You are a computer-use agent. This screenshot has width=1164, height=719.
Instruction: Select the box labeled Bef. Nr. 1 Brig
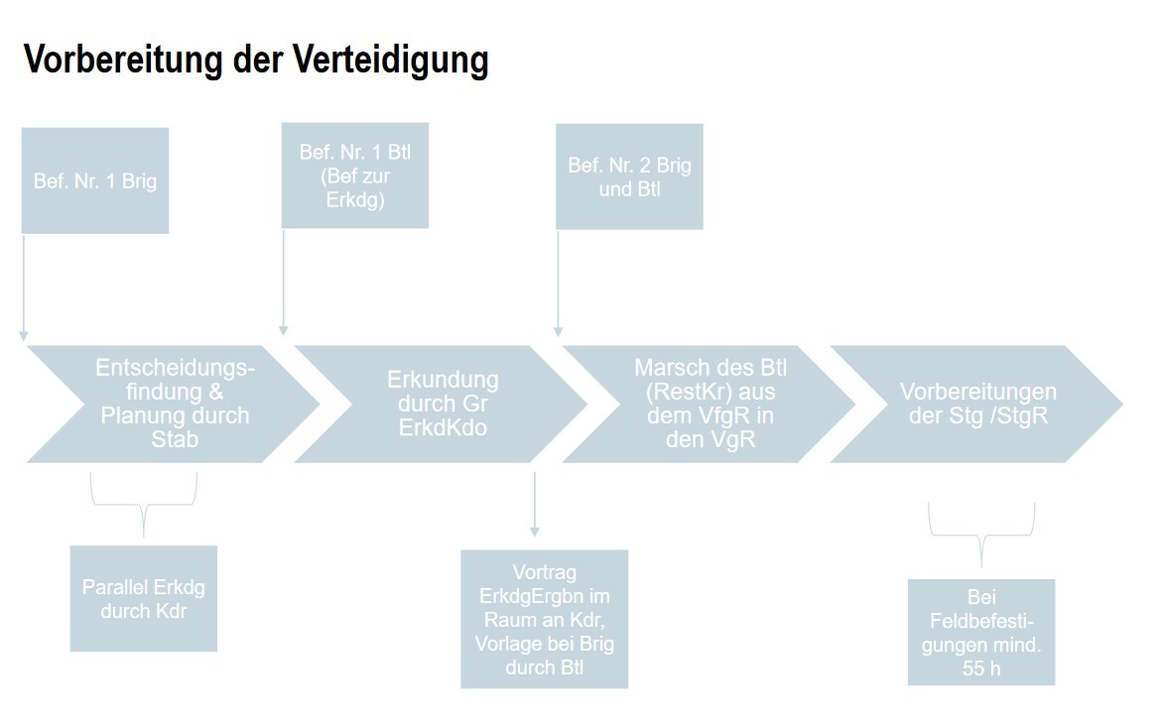[x=95, y=180]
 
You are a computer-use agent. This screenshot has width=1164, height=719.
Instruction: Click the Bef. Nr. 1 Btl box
[x=355, y=176]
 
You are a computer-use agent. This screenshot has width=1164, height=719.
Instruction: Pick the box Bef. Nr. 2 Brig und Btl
[x=629, y=177]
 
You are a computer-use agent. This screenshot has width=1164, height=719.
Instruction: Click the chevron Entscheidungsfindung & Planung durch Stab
[x=175, y=404]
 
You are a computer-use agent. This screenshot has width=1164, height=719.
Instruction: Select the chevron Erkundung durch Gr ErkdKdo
[x=442, y=404]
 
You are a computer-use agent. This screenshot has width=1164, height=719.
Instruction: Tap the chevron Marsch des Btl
[x=709, y=404]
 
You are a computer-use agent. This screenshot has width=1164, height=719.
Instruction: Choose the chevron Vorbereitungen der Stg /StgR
[x=977, y=404]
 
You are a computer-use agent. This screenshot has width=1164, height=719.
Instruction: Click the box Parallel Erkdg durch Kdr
[x=144, y=598]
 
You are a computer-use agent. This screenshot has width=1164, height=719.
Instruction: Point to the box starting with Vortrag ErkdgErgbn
[x=545, y=619]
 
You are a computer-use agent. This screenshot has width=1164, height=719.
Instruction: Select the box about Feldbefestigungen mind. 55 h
[x=981, y=632]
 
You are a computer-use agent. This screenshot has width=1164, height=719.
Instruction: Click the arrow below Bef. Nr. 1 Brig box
[x=24, y=288]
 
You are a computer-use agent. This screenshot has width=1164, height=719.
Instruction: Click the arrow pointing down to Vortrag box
[x=535, y=505]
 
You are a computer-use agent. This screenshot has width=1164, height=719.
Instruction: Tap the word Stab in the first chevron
[x=176, y=439]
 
